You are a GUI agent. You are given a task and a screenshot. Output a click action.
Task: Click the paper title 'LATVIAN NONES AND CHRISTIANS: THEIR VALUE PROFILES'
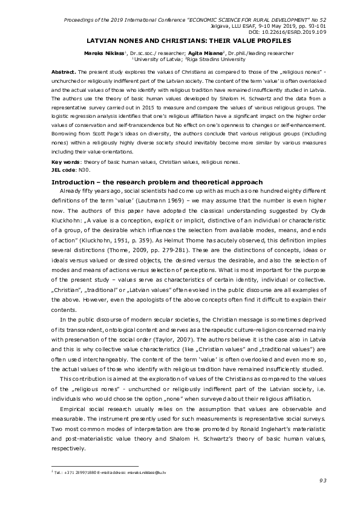[179, 41]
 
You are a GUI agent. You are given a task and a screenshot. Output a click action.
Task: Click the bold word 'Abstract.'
[64, 71]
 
